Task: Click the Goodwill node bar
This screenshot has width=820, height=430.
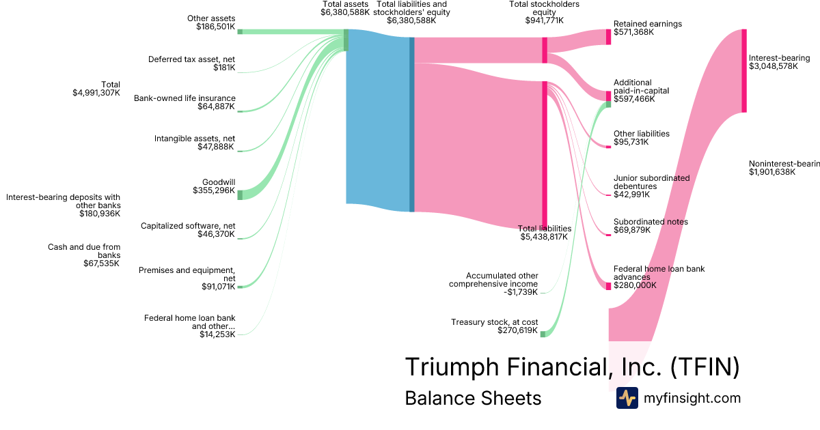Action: point(239,195)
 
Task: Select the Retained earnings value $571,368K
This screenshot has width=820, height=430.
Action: point(633,32)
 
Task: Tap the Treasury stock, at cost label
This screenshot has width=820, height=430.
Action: point(495,321)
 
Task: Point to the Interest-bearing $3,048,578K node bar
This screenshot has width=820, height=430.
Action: point(744,70)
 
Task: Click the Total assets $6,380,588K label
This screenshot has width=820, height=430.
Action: point(345,8)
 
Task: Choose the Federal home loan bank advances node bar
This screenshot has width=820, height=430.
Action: point(608,285)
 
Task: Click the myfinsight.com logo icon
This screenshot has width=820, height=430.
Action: point(627,398)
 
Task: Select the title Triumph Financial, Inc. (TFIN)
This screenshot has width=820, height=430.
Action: point(572,367)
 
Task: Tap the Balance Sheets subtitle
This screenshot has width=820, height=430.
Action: point(473,398)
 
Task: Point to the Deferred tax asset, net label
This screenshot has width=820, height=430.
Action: point(191,59)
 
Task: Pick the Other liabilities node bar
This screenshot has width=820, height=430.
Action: point(608,146)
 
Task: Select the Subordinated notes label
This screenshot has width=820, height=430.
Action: point(651,222)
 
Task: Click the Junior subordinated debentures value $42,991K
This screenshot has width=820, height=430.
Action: point(631,195)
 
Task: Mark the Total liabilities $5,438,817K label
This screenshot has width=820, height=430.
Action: point(545,233)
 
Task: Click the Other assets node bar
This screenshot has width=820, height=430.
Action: point(239,31)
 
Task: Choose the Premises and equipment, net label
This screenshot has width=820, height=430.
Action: point(187,274)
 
